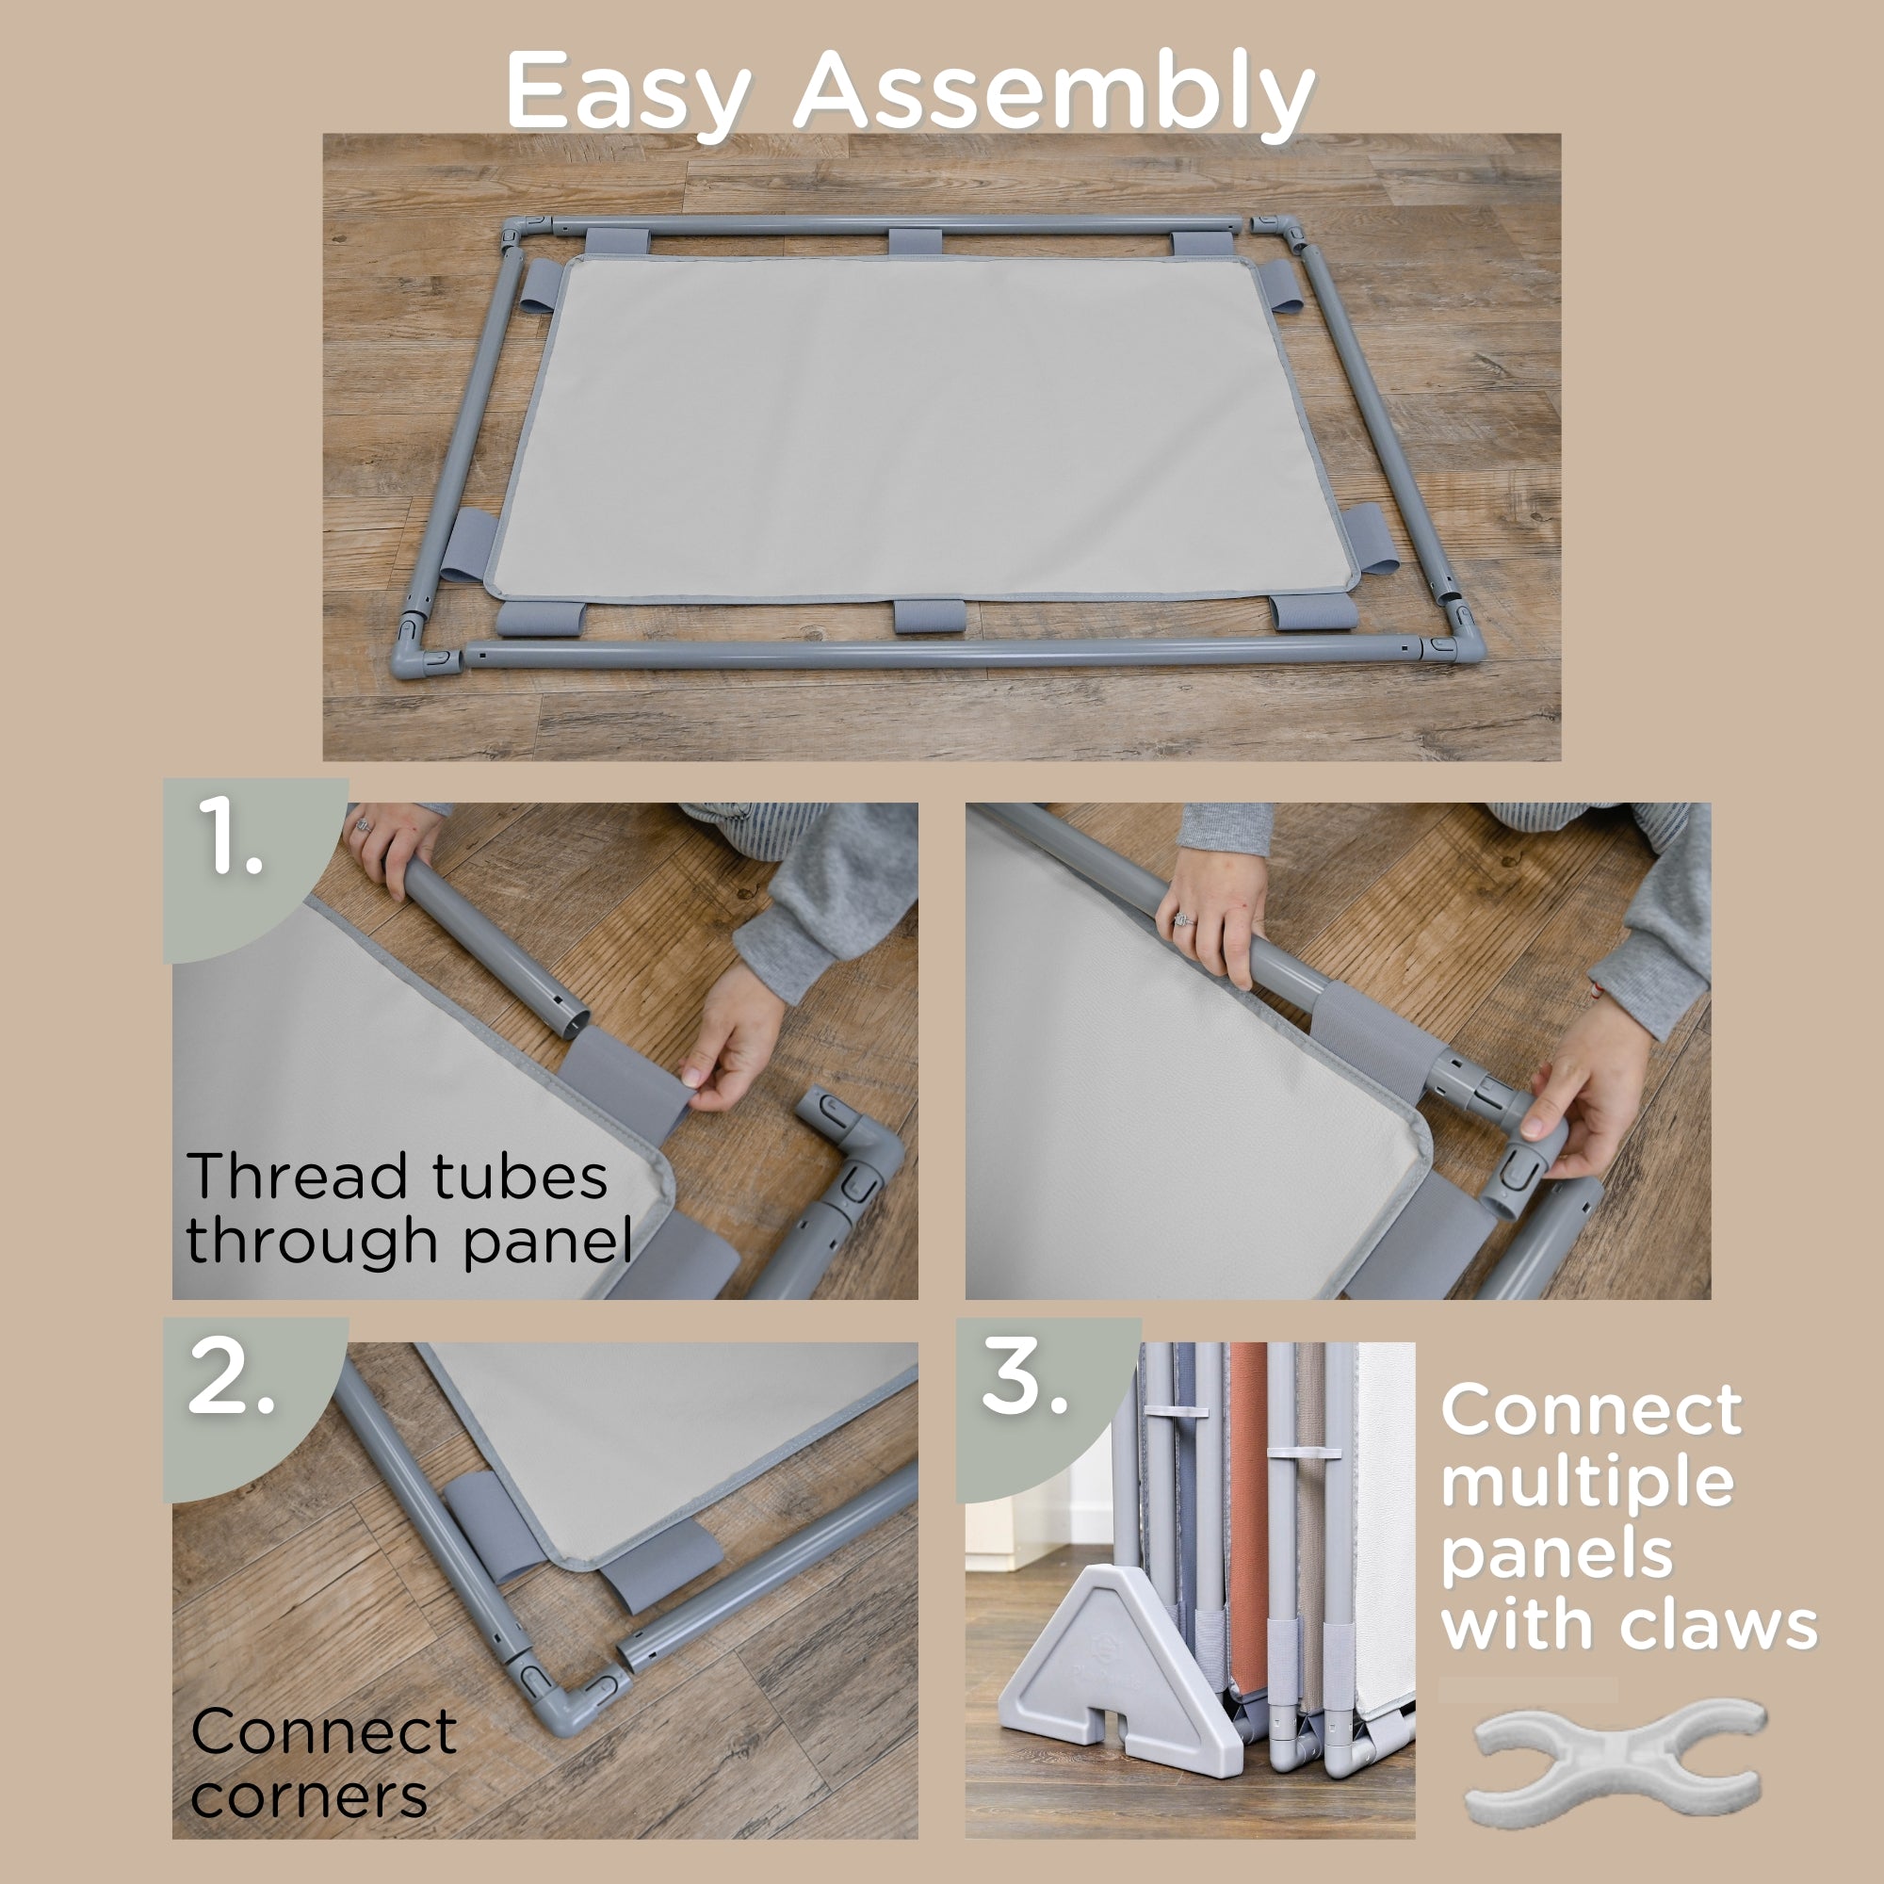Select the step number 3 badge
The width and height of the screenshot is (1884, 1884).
[1026, 1379]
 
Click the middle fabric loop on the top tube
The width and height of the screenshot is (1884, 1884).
[915, 242]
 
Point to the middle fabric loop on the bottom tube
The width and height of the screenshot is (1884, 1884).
[930, 615]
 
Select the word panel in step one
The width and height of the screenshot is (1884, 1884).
[547, 1242]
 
